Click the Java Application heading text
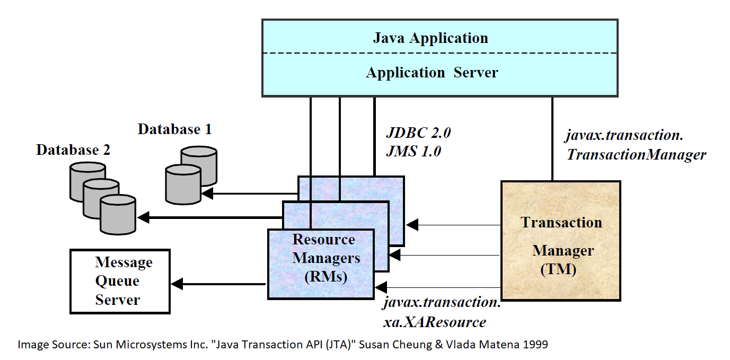430,38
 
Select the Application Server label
432,73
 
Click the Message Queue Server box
120,281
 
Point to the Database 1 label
174,129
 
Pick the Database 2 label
73,150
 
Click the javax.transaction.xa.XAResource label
442,312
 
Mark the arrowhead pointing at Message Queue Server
178,284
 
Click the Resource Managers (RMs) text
323,258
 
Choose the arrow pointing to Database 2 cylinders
143,217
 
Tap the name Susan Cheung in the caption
386,345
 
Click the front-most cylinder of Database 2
118,214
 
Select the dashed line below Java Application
440,53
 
